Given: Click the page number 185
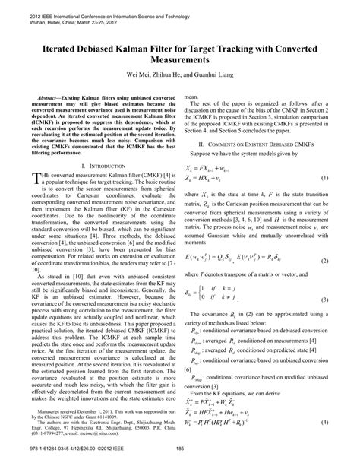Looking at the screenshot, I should (x=180, y=457).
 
